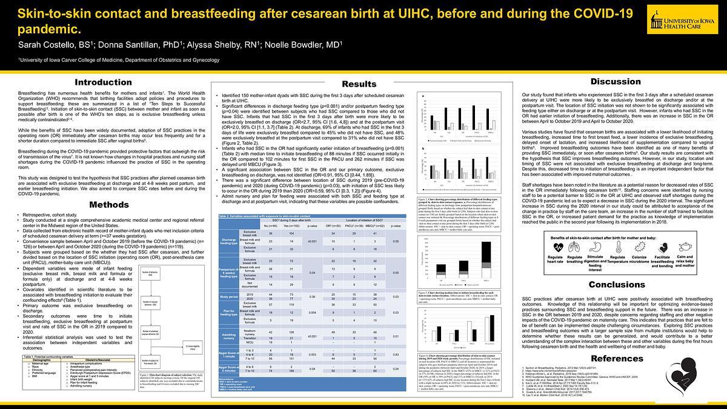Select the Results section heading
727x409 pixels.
tap(359, 84)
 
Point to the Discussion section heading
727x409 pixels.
tap(616, 81)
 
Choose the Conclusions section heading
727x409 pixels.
tap(616, 284)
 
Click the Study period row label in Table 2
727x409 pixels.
tap(231, 296)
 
